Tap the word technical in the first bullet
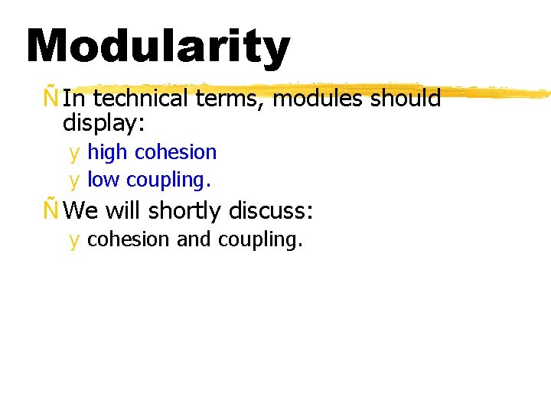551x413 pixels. (140, 99)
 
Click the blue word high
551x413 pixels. (107, 152)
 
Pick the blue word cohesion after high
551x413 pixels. (175, 152)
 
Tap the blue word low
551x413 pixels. (104, 180)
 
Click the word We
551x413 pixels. (83, 210)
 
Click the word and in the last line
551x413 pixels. (194, 239)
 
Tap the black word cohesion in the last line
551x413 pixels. (129, 239)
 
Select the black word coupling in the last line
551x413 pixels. (260, 240)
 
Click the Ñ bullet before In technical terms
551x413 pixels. (51, 99)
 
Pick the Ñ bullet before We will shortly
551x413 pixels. (51, 210)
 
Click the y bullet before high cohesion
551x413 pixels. (74, 153)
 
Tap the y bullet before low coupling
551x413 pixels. (74, 180)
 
